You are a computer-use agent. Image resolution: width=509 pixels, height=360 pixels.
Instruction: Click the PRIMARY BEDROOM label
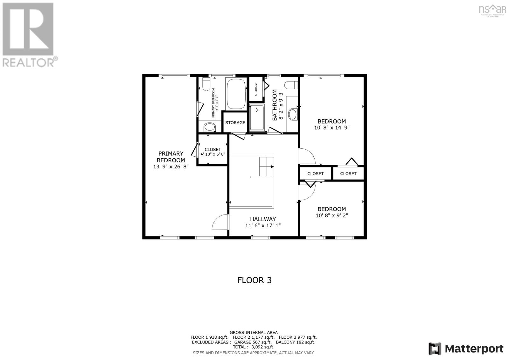pyautogui.click(x=171, y=157)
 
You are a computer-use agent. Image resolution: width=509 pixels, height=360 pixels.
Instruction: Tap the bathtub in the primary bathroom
pyautogui.click(x=236, y=94)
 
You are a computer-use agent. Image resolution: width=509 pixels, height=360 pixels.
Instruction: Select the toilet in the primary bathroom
pyautogui.click(x=206, y=84)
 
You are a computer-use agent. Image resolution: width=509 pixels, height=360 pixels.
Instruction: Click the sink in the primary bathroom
pyautogui.click(x=209, y=127)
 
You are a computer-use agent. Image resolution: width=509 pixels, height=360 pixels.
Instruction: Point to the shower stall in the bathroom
pyautogui.click(x=257, y=118)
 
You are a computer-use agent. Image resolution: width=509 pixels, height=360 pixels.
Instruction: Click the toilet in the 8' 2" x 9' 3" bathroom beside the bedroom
pyautogui.click(x=291, y=85)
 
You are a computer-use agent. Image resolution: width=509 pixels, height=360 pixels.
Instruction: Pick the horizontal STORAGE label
pyautogui.click(x=235, y=123)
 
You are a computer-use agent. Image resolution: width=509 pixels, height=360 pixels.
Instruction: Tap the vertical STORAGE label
pyautogui.click(x=256, y=89)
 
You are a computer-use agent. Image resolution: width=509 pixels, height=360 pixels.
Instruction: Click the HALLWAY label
pyautogui.click(x=263, y=219)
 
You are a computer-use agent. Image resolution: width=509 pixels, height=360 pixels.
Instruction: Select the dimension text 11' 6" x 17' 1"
pyautogui.click(x=263, y=225)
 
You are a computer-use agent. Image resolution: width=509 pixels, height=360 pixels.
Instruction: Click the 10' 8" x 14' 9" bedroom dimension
pyautogui.click(x=331, y=127)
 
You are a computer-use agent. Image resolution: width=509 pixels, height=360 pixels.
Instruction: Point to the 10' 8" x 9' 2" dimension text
pyautogui.click(x=331, y=215)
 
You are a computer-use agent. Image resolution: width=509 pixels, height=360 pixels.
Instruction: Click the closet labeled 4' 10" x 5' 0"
pyautogui.click(x=213, y=152)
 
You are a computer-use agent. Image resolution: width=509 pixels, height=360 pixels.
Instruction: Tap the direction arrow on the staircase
pyautogui.click(x=272, y=167)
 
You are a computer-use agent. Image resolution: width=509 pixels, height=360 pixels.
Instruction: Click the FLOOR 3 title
pyautogui.click(x=254, y=280)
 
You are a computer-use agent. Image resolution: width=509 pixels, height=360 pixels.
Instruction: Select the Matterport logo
pyautogui.click(x=466, y=349)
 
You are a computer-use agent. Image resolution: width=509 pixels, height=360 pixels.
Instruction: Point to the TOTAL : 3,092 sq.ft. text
pyautogui.click(x=254, y=347)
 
